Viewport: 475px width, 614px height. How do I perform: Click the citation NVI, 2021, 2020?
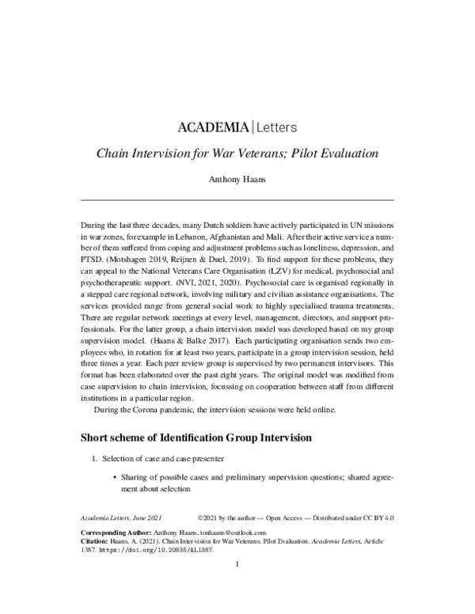coord(228,280)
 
